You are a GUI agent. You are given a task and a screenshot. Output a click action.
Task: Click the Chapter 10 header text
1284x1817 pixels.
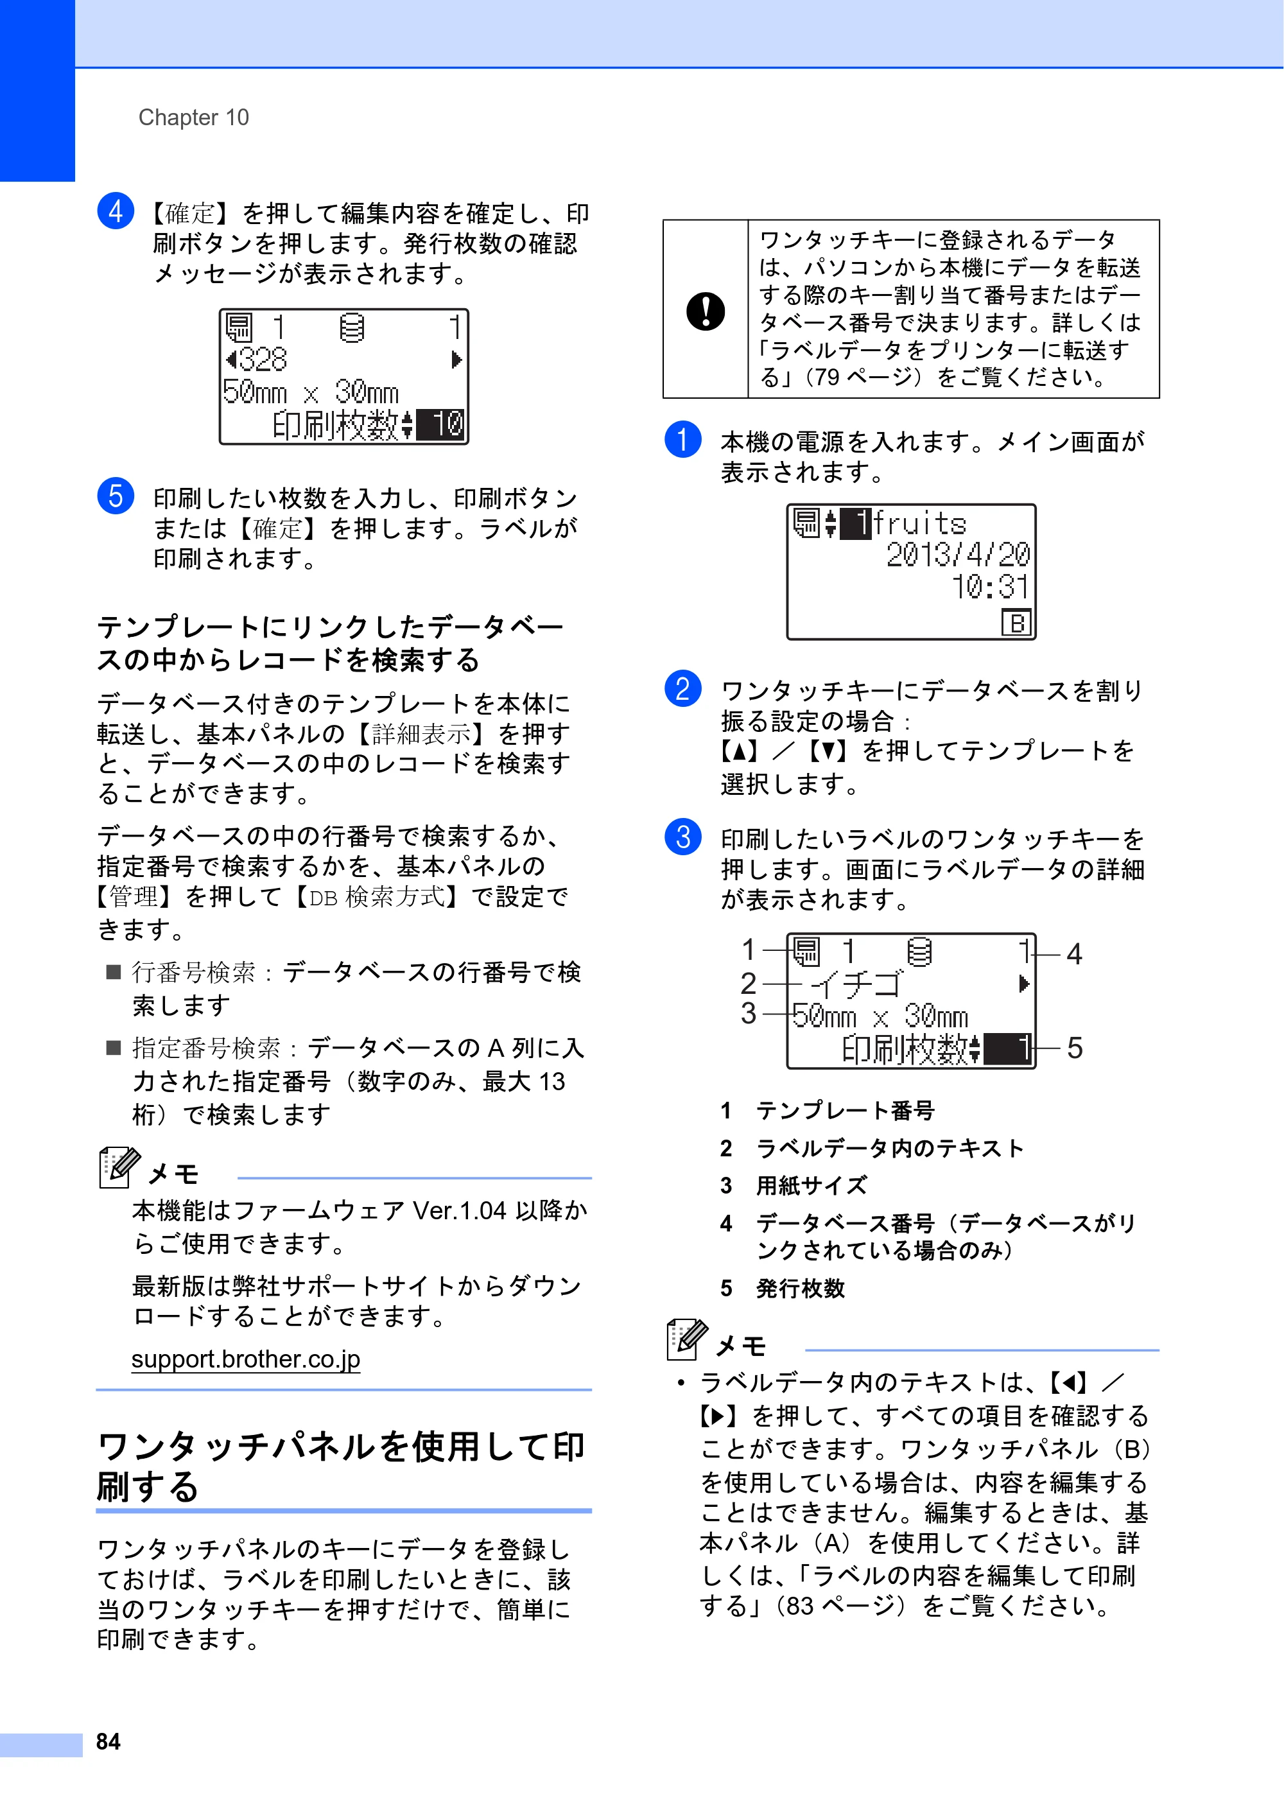(x=193, y=117)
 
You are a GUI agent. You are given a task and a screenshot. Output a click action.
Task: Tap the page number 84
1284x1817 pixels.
(x=108, y=1741)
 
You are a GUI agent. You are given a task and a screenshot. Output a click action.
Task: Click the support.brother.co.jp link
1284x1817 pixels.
(x=245, y=1359)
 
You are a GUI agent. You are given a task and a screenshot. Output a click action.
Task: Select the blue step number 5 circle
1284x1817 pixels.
(x=116, y=496)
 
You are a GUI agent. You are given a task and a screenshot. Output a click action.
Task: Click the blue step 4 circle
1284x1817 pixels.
(x=116, y=211)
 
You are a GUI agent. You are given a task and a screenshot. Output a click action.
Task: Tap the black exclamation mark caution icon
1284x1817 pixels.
(x=706, y=310)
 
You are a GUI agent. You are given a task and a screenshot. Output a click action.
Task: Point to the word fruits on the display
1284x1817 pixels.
(x=919, y=523)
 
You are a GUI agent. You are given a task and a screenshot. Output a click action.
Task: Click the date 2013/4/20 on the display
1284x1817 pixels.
(x=958, y=555)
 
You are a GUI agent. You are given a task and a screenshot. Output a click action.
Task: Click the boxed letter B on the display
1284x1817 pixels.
(x=1016, y=623)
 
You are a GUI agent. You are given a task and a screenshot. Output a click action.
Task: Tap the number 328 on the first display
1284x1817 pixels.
(x=262, y=360)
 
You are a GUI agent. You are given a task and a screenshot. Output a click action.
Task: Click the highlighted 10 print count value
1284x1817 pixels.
(x=440, y=424)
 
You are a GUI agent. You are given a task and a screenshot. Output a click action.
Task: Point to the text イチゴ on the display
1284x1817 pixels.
(x=857, y=984)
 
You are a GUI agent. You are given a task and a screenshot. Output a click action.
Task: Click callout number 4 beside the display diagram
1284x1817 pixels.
(x=1073, y=954)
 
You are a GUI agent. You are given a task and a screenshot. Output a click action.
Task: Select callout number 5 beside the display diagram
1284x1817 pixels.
(x=1074, y=1048)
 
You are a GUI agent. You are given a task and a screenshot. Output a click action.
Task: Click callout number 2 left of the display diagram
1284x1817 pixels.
(x=749, y=984)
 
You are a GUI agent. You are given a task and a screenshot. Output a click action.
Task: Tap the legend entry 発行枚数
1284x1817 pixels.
(x=801, y=1289)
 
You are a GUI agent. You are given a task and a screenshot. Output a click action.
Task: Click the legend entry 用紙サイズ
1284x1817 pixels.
(x=811, y=1185)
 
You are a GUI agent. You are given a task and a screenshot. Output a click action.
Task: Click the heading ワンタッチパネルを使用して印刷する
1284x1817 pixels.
(x=341, y=1466)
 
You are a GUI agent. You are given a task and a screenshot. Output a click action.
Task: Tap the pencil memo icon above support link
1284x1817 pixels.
(x=119, y=1167)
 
